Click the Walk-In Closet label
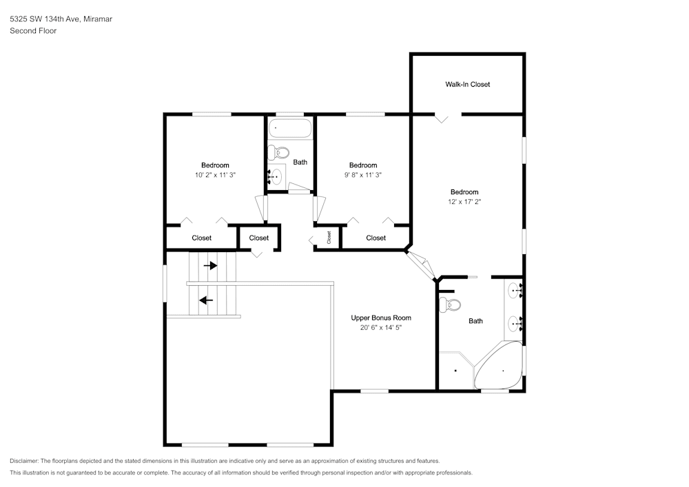pos(467,85)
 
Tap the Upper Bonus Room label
pos(381,318)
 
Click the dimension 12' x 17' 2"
pos(464,202)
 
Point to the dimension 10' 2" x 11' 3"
pos(215,175)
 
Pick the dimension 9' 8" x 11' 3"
pos(362,175)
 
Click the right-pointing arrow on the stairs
pos(210,265)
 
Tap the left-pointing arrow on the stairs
pos(205,300)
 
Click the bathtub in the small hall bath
pos(290,127)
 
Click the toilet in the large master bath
pos(452,304)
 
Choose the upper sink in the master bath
pos(514,289)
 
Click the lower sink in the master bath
pos(514,322)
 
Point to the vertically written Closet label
pos(329,237)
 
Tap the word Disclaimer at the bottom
pos(24,461)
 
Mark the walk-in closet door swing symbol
pos(442,118)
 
